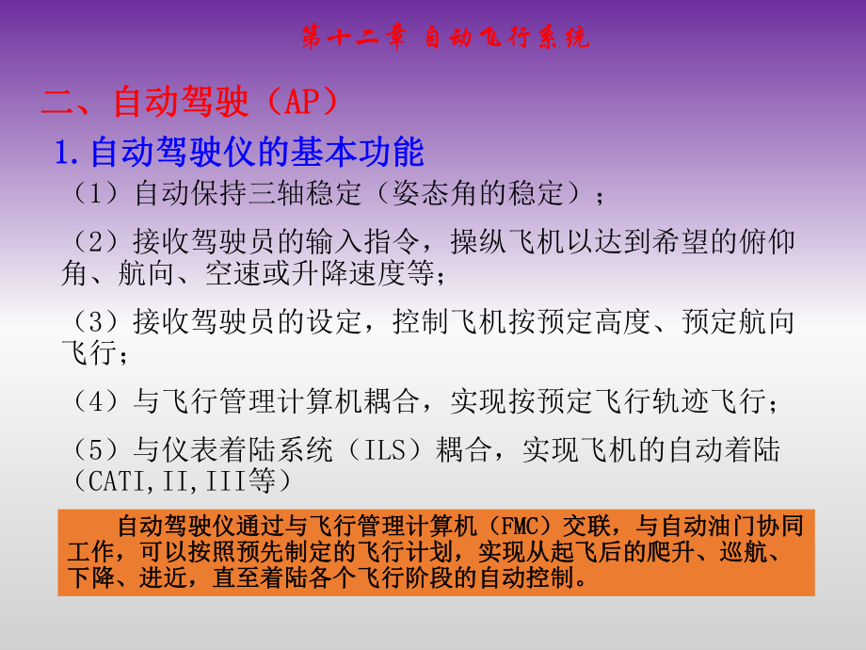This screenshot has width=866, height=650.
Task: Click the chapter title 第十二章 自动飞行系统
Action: coord(445,37)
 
